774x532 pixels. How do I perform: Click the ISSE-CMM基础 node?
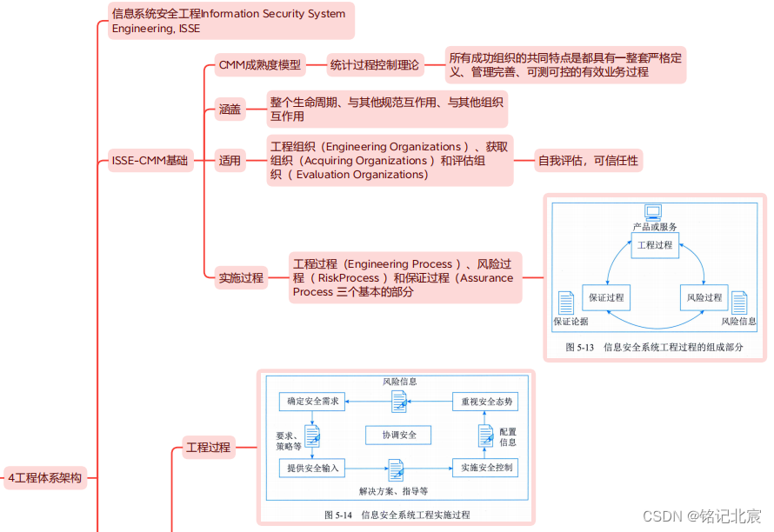point(150,160)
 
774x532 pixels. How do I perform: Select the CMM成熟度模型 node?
point(260,65)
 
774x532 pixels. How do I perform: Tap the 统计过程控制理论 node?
point(375,65)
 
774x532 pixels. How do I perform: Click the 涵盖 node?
point(230,110)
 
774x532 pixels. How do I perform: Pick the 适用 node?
point(230,160)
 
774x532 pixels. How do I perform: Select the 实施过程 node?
point(241,278)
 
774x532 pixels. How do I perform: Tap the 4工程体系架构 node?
point(45,477)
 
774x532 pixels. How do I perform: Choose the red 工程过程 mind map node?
point(209,448)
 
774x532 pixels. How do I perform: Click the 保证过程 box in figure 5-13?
point(606,297)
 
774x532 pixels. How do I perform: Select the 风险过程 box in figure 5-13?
point(704,297)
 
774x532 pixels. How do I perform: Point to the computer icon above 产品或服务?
point(653,211)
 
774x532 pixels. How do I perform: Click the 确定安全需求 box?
point(312,402)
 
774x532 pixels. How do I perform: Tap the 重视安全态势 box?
point(486,402)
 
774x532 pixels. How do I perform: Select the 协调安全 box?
point(399,435)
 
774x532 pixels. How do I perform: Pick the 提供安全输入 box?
point(312,468)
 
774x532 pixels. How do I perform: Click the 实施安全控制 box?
point(486,468)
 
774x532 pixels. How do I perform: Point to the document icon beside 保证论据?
point(566,303)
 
